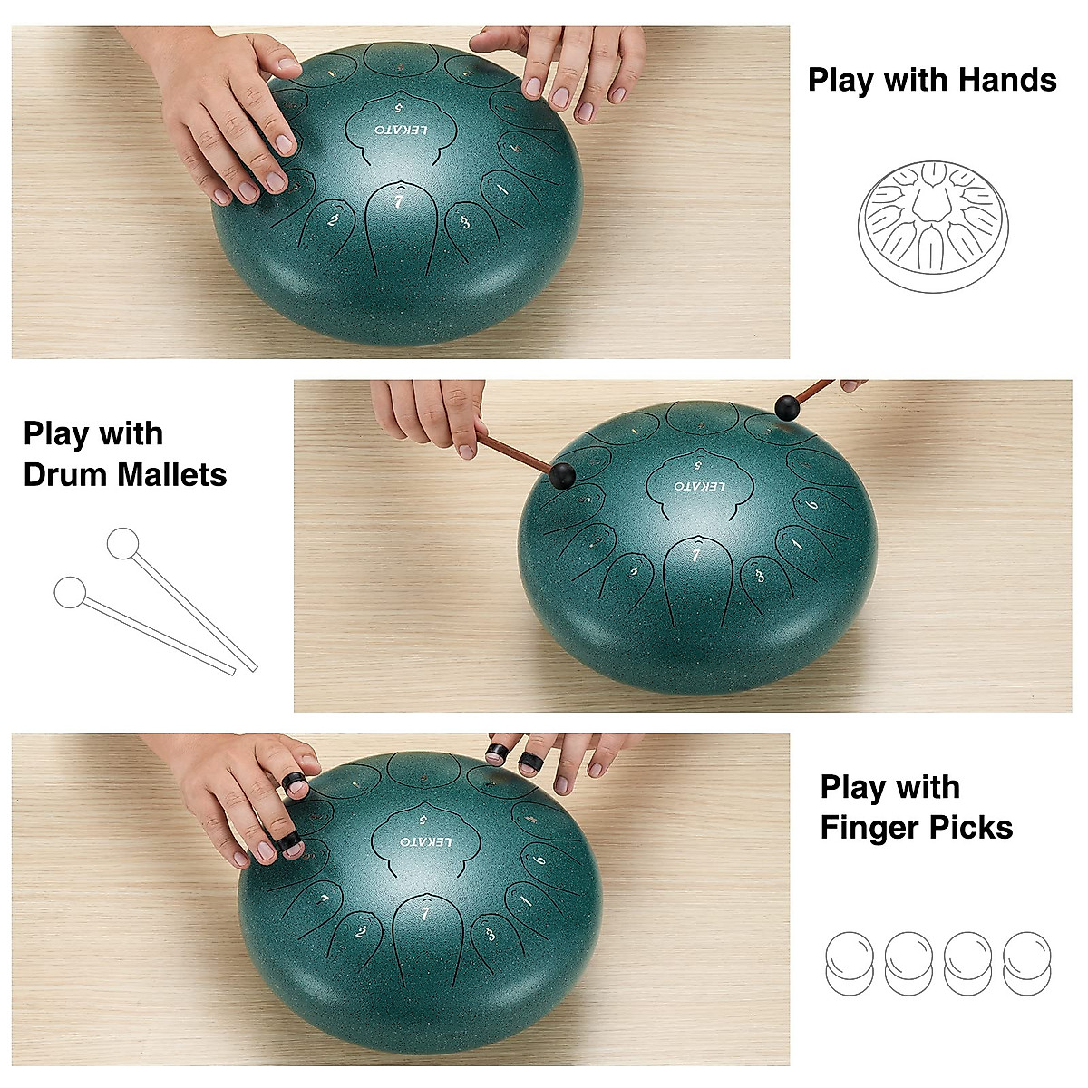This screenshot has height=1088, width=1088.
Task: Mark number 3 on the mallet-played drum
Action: [x=760, y=574]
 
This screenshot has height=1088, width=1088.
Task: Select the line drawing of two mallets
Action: [x=154, y=599]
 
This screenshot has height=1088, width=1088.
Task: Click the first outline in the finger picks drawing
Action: [x=850, y=963]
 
